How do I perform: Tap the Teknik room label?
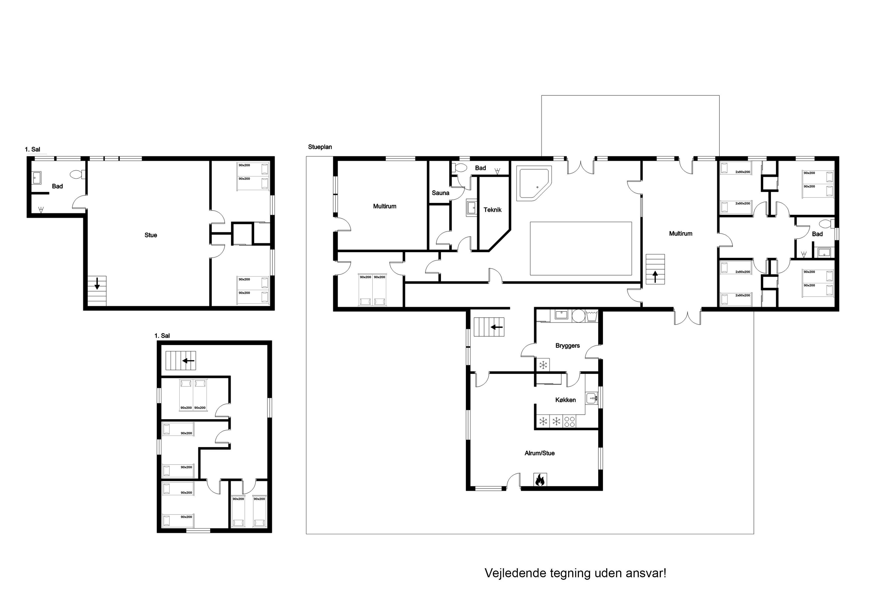click(493, 210)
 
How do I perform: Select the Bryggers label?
click(568, 346)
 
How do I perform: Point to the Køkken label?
click(566, 400)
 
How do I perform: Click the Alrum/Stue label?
click(540, 453)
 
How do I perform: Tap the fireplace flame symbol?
click(540, 480)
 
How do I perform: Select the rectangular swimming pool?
click(581, 248)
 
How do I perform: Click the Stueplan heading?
click(320, 147)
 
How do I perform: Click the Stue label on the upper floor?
click(151, 235)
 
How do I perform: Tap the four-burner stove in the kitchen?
click(570, 421)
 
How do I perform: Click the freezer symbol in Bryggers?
click(543, 365)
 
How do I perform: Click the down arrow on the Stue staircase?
click(97, 283)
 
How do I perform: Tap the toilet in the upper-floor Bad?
click(77, 174)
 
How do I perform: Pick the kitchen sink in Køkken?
click(592, 398)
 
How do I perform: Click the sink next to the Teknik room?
click(471, 207)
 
